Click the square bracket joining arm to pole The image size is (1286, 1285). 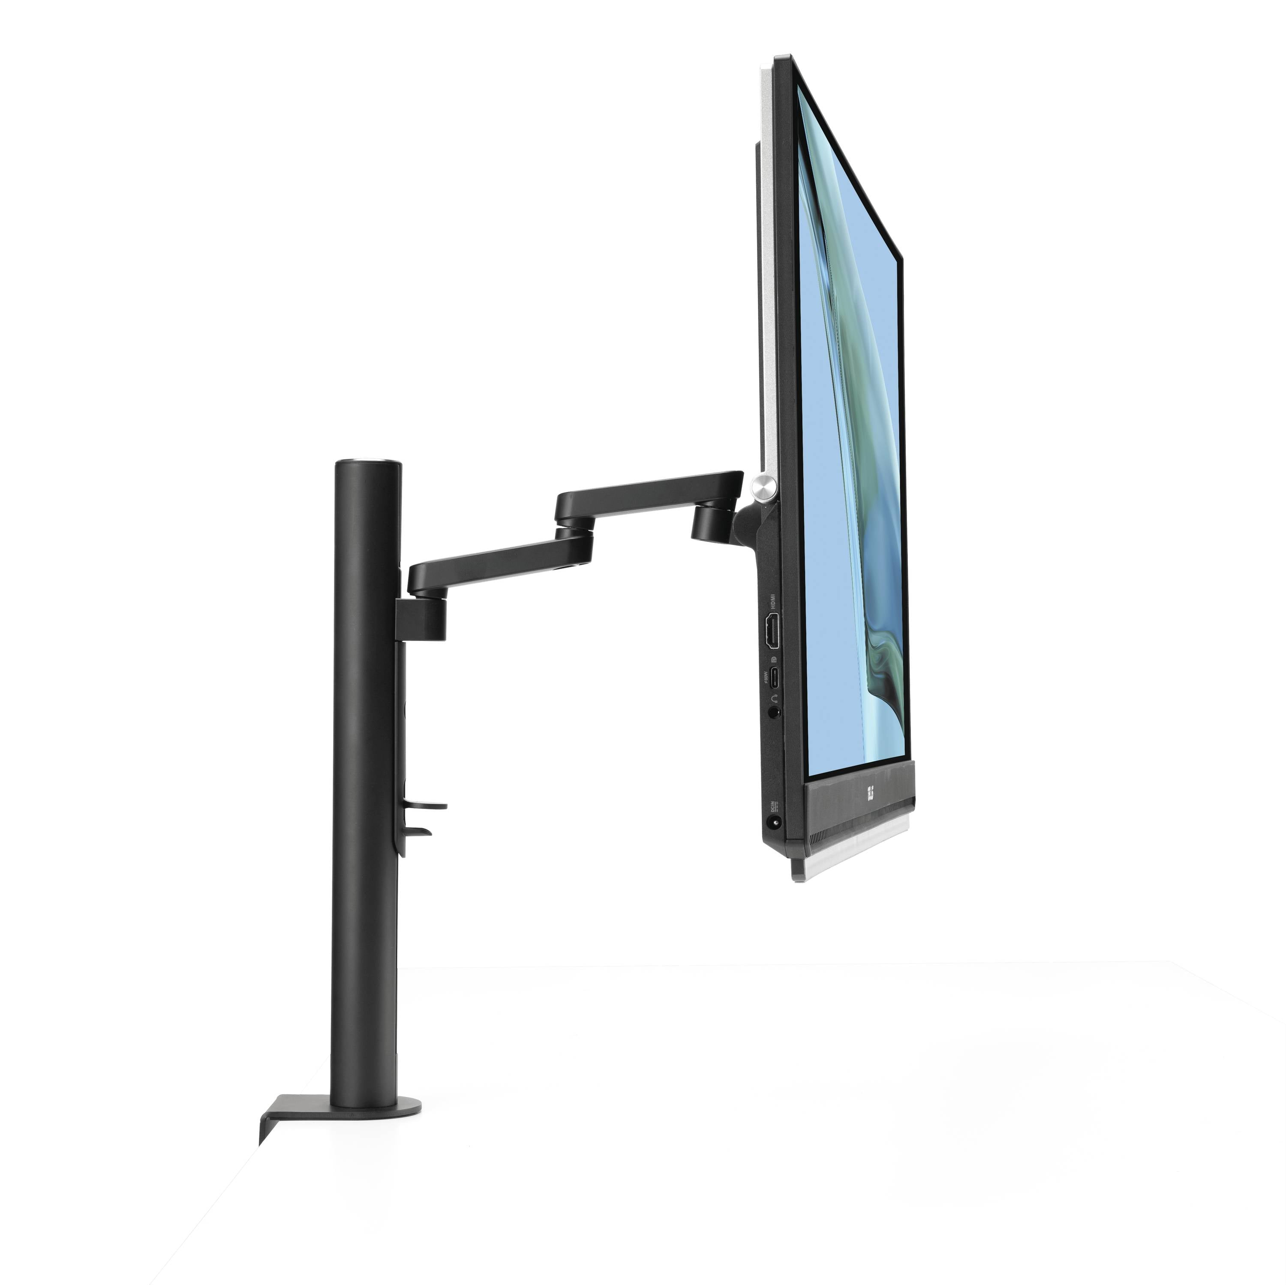421,617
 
